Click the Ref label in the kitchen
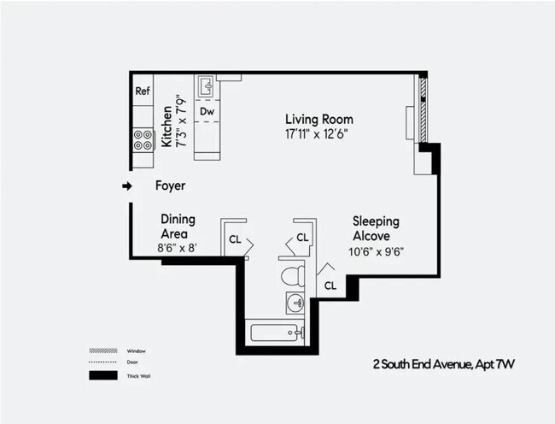(x=143, y=91)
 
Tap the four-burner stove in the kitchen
(x=143, y=139)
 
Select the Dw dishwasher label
(x=207, y=111)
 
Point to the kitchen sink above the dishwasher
(x=206, y=86)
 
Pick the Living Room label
(x=318, y=120)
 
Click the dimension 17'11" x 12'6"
(x=318, y=134)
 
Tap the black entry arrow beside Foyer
(x=127, y=185)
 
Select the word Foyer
(x=170, y=185)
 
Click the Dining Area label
(x=178, y=226)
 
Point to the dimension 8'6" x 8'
(x=178, y=248)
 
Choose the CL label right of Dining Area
(x=234, y=240)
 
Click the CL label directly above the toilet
(x=301, y=238)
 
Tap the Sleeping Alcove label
(x=376, y=228)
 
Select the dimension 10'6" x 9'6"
(x=376, y=251)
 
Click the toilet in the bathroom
(x=292, y=275)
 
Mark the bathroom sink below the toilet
(x=295, y=302)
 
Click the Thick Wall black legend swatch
(x=102, y=375)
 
